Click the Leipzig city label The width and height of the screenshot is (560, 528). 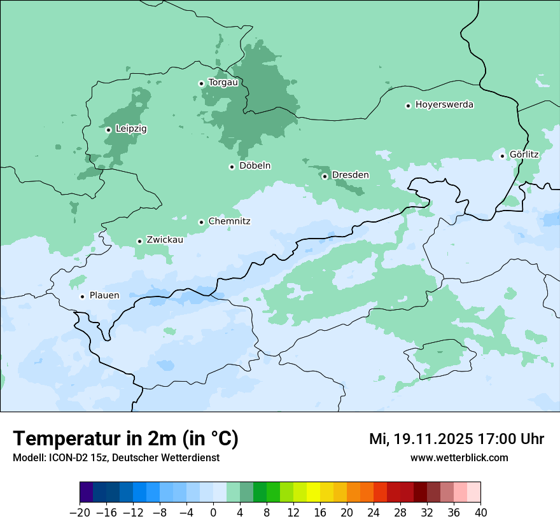click(131, 129)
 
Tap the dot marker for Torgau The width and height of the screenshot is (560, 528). click(201, 83)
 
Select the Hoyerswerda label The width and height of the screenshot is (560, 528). click(444, 104)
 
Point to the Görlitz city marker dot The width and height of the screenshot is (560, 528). click(502, 156)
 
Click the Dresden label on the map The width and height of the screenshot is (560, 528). click(350, 175)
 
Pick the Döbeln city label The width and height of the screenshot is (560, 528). click(255, 166)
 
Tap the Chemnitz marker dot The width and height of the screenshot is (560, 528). click(201, 222)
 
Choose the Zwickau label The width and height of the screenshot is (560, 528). click(165, 240)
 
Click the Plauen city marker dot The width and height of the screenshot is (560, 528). click(82, 296)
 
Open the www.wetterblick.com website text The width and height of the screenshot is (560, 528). click(459, 458)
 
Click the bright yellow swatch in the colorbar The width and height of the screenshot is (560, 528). click(313, 492)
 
